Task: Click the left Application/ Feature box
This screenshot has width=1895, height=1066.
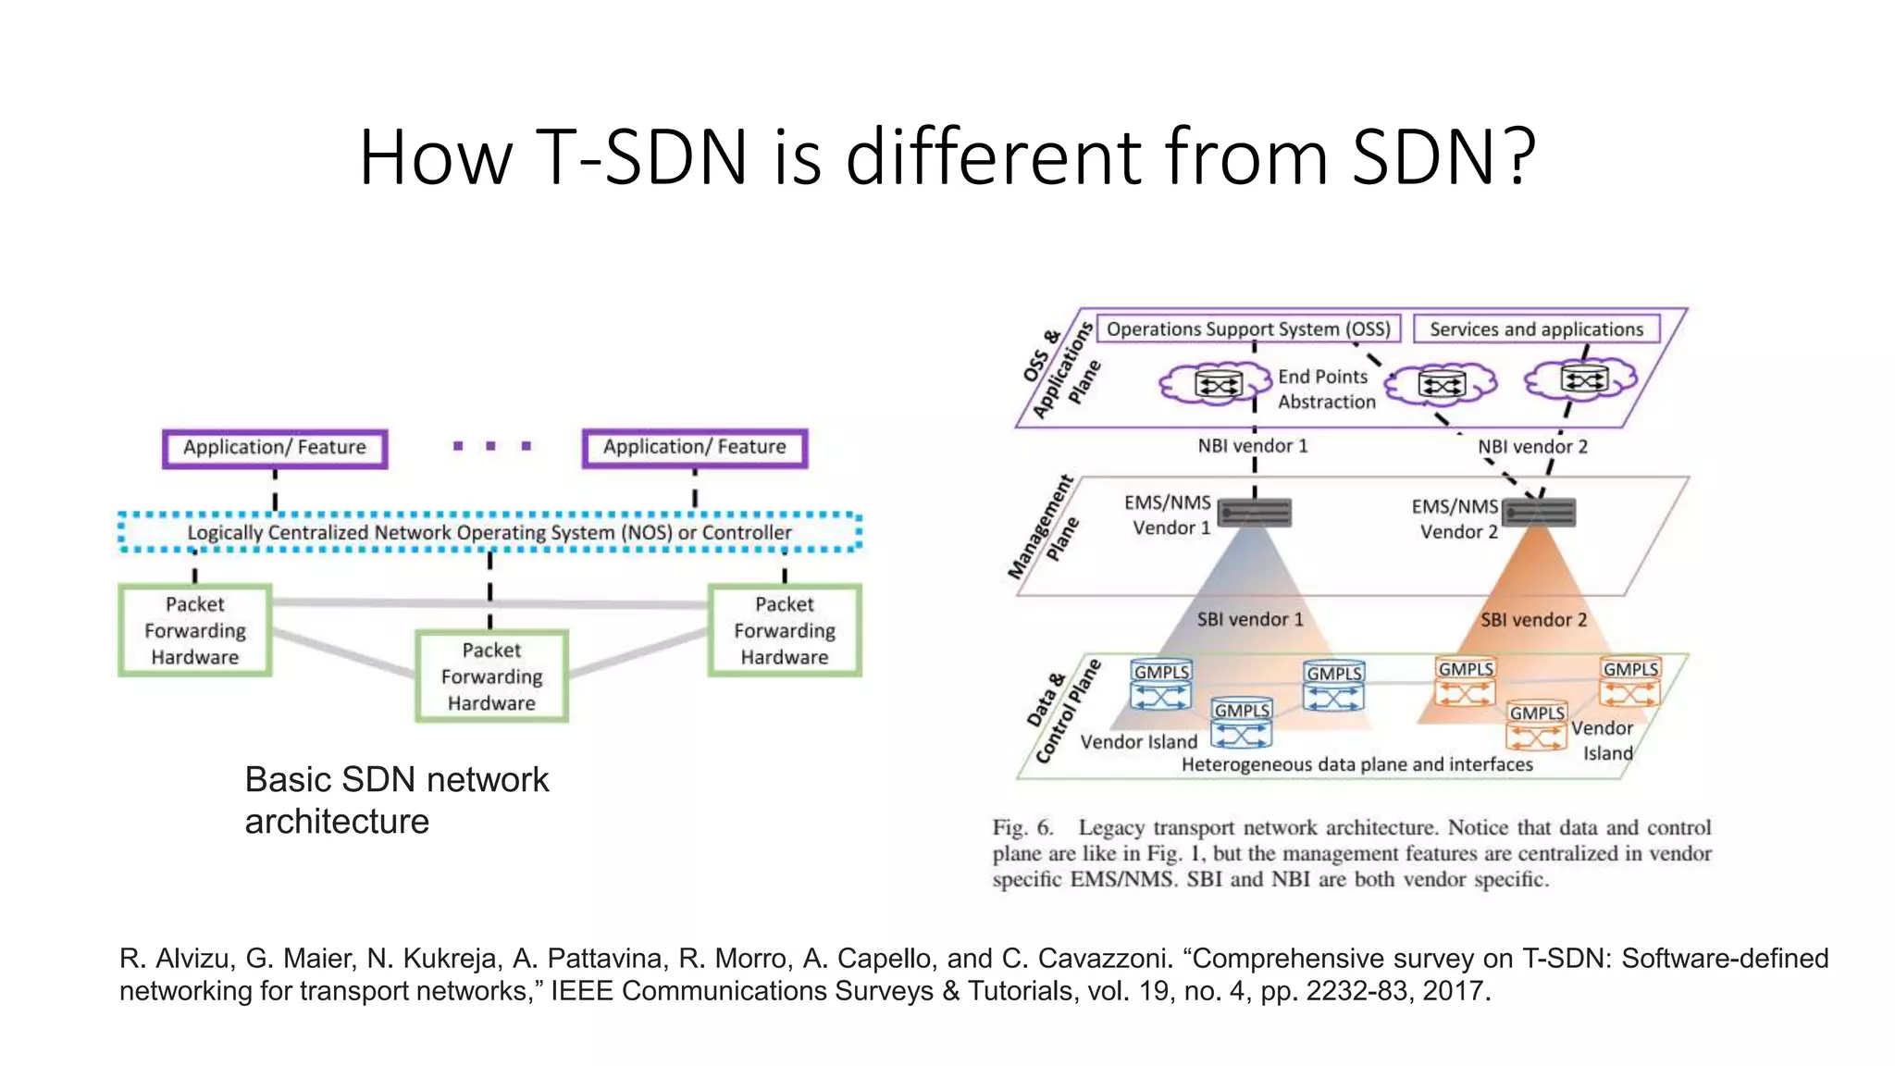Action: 275,449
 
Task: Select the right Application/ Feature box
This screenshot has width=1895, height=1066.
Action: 695,449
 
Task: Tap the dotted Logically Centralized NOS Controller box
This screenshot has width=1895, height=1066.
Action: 489,532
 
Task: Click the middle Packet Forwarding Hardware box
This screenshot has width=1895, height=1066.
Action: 491,676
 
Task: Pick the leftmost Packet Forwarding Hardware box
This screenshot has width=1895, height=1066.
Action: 195,630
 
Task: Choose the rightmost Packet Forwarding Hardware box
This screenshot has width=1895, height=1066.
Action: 785,630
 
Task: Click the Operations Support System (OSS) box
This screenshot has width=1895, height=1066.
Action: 1248,329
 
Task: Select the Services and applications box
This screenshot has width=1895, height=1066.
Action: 1536,329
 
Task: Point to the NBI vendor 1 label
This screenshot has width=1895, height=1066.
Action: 1253,446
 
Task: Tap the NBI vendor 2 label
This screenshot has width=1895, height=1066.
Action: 1532,447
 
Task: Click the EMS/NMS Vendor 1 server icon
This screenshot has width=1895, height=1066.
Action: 1254,512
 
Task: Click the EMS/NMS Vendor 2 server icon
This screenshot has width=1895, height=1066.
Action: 1538,512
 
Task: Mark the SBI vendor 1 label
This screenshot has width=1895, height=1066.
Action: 1250,619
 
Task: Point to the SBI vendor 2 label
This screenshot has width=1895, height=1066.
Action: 1533,620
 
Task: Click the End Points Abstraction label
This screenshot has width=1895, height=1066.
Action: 1325,390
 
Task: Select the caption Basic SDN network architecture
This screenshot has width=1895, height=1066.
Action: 396,800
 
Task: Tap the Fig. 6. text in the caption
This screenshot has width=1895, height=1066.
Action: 1022,827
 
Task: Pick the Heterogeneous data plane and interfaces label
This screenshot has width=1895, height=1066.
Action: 1356,764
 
